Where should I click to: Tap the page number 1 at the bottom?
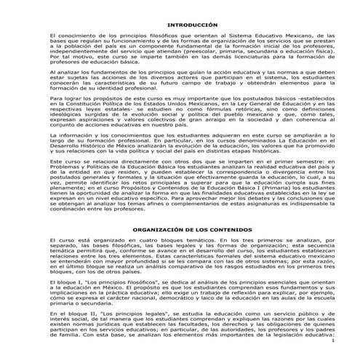[331, 340]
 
